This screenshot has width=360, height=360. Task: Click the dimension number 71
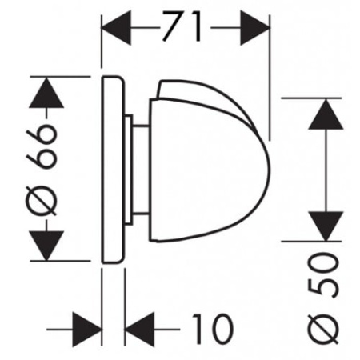click(181, 26)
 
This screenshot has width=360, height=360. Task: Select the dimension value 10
click(213, 329)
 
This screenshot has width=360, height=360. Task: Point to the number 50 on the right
click(323, 274)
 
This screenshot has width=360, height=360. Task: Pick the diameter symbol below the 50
click(323, 328)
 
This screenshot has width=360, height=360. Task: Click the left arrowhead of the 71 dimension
click(116, 27)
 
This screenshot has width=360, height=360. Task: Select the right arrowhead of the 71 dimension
click(254, 27)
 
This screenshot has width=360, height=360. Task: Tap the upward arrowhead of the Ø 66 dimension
click(46, 93)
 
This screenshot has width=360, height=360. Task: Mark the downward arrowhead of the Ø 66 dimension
click(46, 246)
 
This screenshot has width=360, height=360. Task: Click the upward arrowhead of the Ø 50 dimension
click(326, 114)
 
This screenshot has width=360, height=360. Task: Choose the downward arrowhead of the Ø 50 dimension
click(326, 226)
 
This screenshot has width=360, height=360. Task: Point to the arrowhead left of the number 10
click(140, 330)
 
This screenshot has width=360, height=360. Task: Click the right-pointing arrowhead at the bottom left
click(87, 330)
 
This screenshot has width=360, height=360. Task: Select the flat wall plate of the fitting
click(113, 170)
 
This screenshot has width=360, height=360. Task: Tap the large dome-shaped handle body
click(208, 170)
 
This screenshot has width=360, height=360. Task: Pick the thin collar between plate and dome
click(128, 170)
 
